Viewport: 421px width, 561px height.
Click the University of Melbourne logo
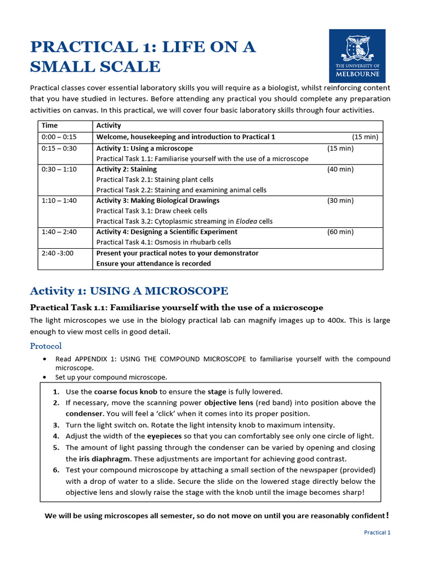coord(357,56)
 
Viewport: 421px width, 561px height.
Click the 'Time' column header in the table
coord(49,125)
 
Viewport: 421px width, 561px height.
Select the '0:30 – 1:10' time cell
coord(59,169)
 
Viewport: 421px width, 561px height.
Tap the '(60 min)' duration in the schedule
coord(340,232)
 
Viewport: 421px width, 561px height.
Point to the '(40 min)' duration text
coord(340,169)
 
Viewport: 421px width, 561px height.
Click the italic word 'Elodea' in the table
coord(246,221)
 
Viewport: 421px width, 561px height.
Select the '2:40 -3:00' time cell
coord(57,253)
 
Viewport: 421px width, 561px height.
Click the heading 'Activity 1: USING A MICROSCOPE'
coord(129,290)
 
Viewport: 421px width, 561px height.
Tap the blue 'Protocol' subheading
coord(45,346)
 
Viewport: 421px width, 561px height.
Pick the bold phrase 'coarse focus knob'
coord(126,392)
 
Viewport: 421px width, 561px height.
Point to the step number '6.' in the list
coord(56,470)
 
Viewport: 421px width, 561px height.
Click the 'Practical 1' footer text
coord(378,533)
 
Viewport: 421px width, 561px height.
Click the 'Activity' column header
coord(109,125)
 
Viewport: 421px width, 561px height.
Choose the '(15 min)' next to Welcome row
coord(365,137)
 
